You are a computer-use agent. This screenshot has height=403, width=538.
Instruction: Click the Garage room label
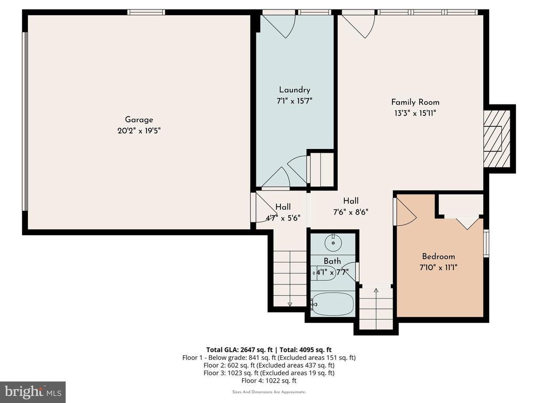139,120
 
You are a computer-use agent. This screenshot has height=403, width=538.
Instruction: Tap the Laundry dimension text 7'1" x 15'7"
294,101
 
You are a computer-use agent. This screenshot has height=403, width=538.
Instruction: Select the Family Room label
415,102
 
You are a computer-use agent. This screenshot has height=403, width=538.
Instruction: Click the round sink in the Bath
333,242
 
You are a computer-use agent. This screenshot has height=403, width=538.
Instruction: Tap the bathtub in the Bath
332,304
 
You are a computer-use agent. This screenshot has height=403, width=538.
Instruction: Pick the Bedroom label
439,256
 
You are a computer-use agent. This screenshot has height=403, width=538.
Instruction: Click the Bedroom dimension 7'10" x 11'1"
439,267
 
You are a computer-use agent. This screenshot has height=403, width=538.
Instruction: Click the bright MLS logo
33,391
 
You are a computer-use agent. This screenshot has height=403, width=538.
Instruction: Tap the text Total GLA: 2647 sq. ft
239,349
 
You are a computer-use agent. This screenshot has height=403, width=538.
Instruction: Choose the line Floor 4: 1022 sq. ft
269,380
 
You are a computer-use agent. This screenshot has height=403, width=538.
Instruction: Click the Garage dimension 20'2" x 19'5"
139,131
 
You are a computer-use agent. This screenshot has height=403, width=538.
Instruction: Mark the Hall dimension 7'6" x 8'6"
350,212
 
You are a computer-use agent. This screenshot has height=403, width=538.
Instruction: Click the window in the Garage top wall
146,13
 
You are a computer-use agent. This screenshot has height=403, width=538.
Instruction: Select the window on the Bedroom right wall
486,243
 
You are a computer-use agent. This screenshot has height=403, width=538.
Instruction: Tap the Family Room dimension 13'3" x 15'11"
415,113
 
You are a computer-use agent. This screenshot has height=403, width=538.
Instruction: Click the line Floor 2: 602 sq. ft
269,365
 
